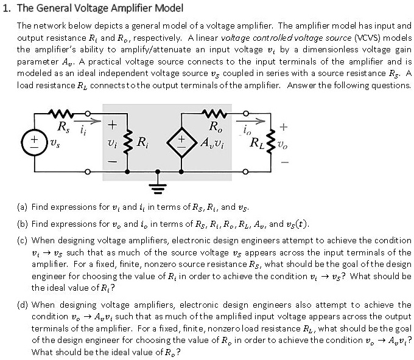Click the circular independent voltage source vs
(29, 144)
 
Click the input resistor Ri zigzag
(128, 144)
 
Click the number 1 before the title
(6, 9)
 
